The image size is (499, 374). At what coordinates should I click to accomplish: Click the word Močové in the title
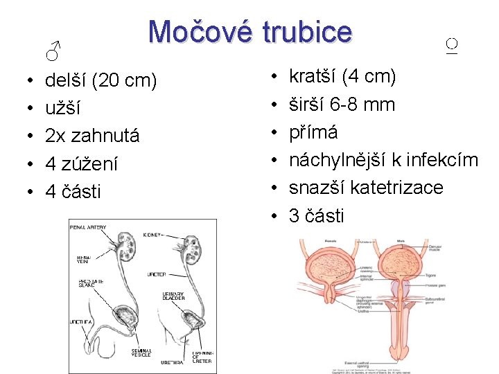[198, 33]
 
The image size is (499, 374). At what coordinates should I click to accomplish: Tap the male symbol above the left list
[53, 50]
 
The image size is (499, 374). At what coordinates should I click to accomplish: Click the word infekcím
[441, 160]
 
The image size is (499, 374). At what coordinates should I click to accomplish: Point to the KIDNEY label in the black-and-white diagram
[153, 235]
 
